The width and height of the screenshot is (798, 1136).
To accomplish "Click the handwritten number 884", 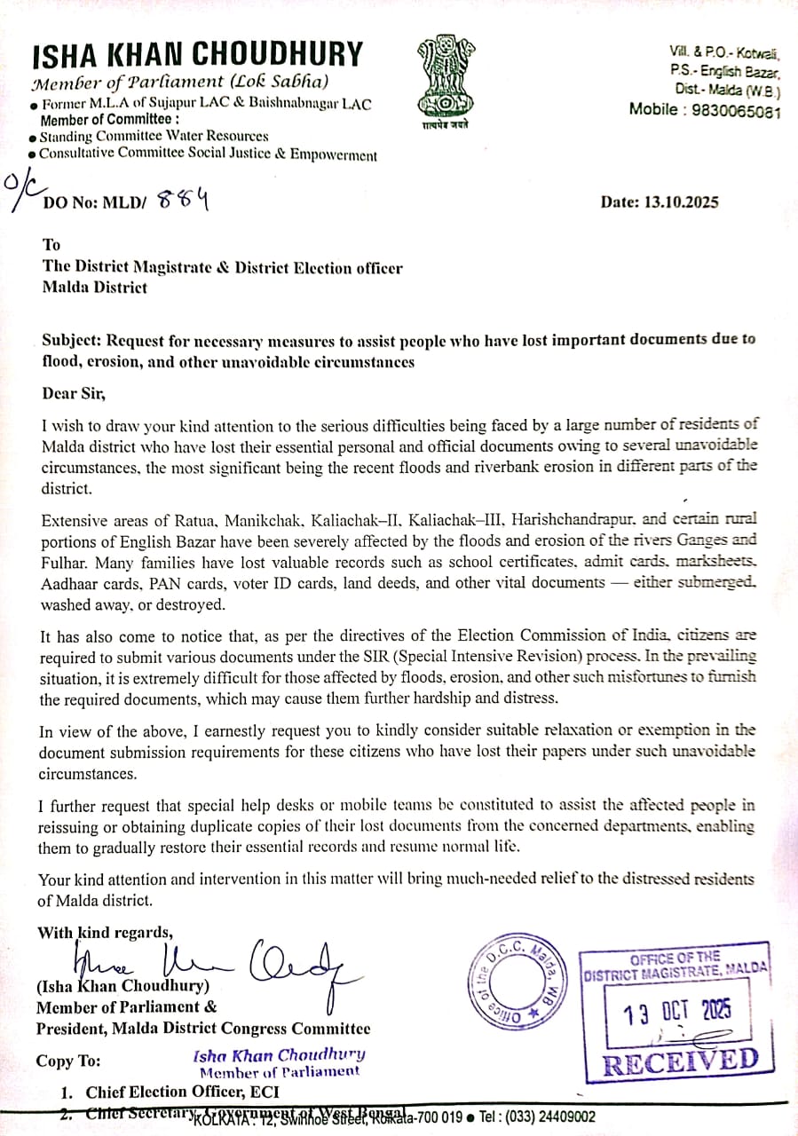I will point(183,200).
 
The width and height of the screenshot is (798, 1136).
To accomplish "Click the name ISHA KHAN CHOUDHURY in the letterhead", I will point(197,55).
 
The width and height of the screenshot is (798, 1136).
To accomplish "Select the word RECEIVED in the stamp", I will point(681,1061).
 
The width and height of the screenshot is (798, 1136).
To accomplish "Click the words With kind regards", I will point(105,932).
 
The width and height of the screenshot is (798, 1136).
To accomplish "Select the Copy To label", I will point(68,1061).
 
